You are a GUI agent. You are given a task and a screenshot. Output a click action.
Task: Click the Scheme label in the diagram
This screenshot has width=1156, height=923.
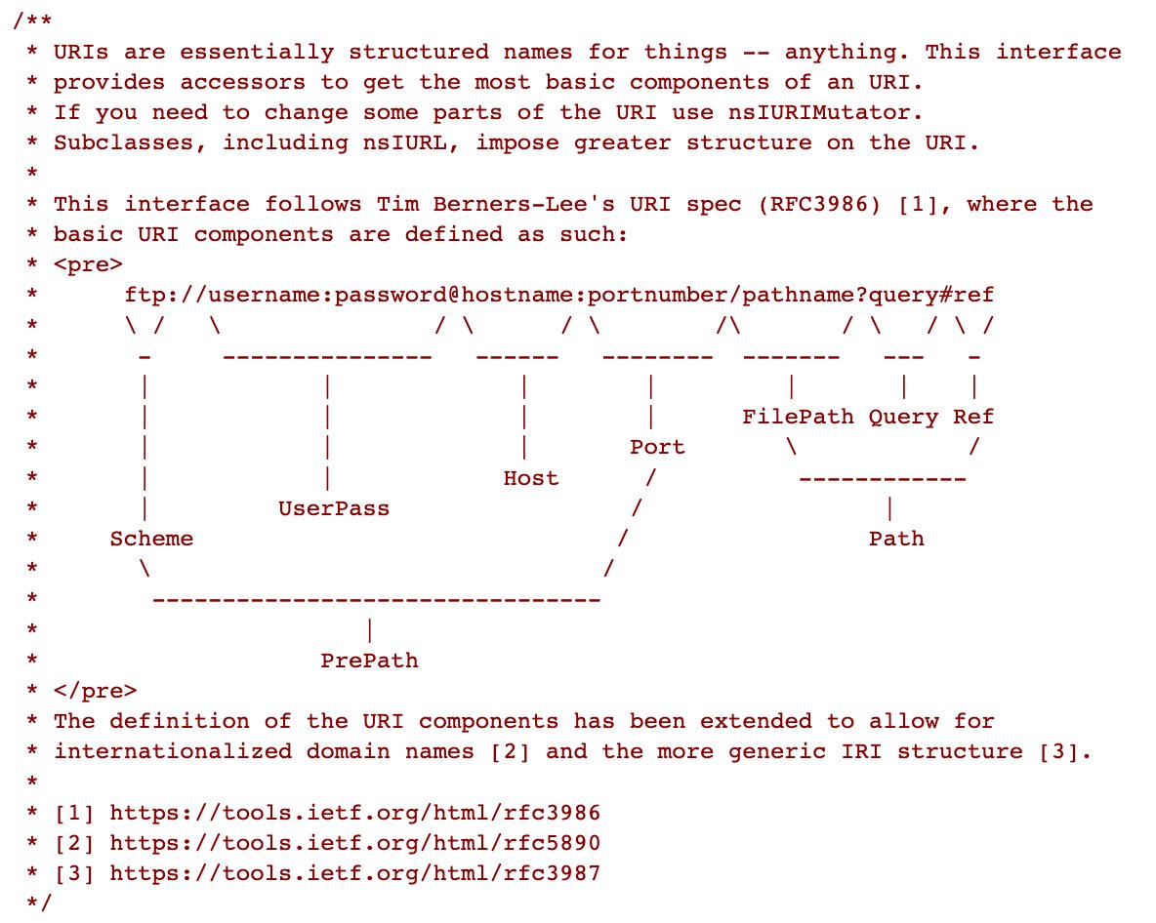pyautogui.click(x=151, y=539)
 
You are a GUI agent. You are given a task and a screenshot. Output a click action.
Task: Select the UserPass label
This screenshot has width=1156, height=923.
pyautogui.click(x=333, y=508)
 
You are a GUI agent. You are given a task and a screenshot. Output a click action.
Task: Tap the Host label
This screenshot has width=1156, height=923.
pyautogui.click(x=531, y=478)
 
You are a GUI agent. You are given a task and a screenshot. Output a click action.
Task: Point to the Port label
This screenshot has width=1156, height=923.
pyautogui.click(x=657, y=447)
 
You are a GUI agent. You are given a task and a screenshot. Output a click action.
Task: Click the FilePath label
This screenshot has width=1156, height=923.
pyautogui.click(x=798, y=417)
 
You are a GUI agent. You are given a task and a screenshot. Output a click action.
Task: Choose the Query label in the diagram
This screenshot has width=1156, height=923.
pyautogui.click(x=903, y=418)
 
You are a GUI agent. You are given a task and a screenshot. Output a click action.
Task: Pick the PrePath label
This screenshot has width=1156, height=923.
pyautogui.click(x=369, y=660)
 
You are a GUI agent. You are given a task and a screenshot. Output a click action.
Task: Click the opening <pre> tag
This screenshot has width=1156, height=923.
pyautogui.click(x=88, y=265)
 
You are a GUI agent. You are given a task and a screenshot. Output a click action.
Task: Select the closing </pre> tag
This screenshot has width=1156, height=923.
pyautogui.click(x=95, y=691)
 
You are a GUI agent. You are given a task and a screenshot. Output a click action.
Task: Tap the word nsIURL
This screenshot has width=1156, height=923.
pyautogui.click(x=404, y=142)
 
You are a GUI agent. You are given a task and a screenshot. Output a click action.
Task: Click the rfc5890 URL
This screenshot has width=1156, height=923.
pyautogui.click(x=354, y=843)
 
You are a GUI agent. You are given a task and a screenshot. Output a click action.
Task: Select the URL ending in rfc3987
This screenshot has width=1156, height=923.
pyautogui.click(x=354, y=873)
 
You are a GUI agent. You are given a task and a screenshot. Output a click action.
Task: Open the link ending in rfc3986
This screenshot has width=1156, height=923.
pyautogui.click(x=354, y=813)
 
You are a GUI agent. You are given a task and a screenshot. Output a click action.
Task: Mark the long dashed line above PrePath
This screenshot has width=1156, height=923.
pyautogui.click(x=376, y=600)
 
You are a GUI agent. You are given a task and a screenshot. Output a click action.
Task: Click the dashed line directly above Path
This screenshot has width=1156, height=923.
pyautogui.click(x=883, y=479)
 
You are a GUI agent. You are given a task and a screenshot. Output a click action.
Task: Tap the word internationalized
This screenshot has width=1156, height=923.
pyautogui.click(x=173, y=751)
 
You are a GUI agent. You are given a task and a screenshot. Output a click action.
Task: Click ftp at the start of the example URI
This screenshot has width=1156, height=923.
pyautogui.click(x=144, y=296)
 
